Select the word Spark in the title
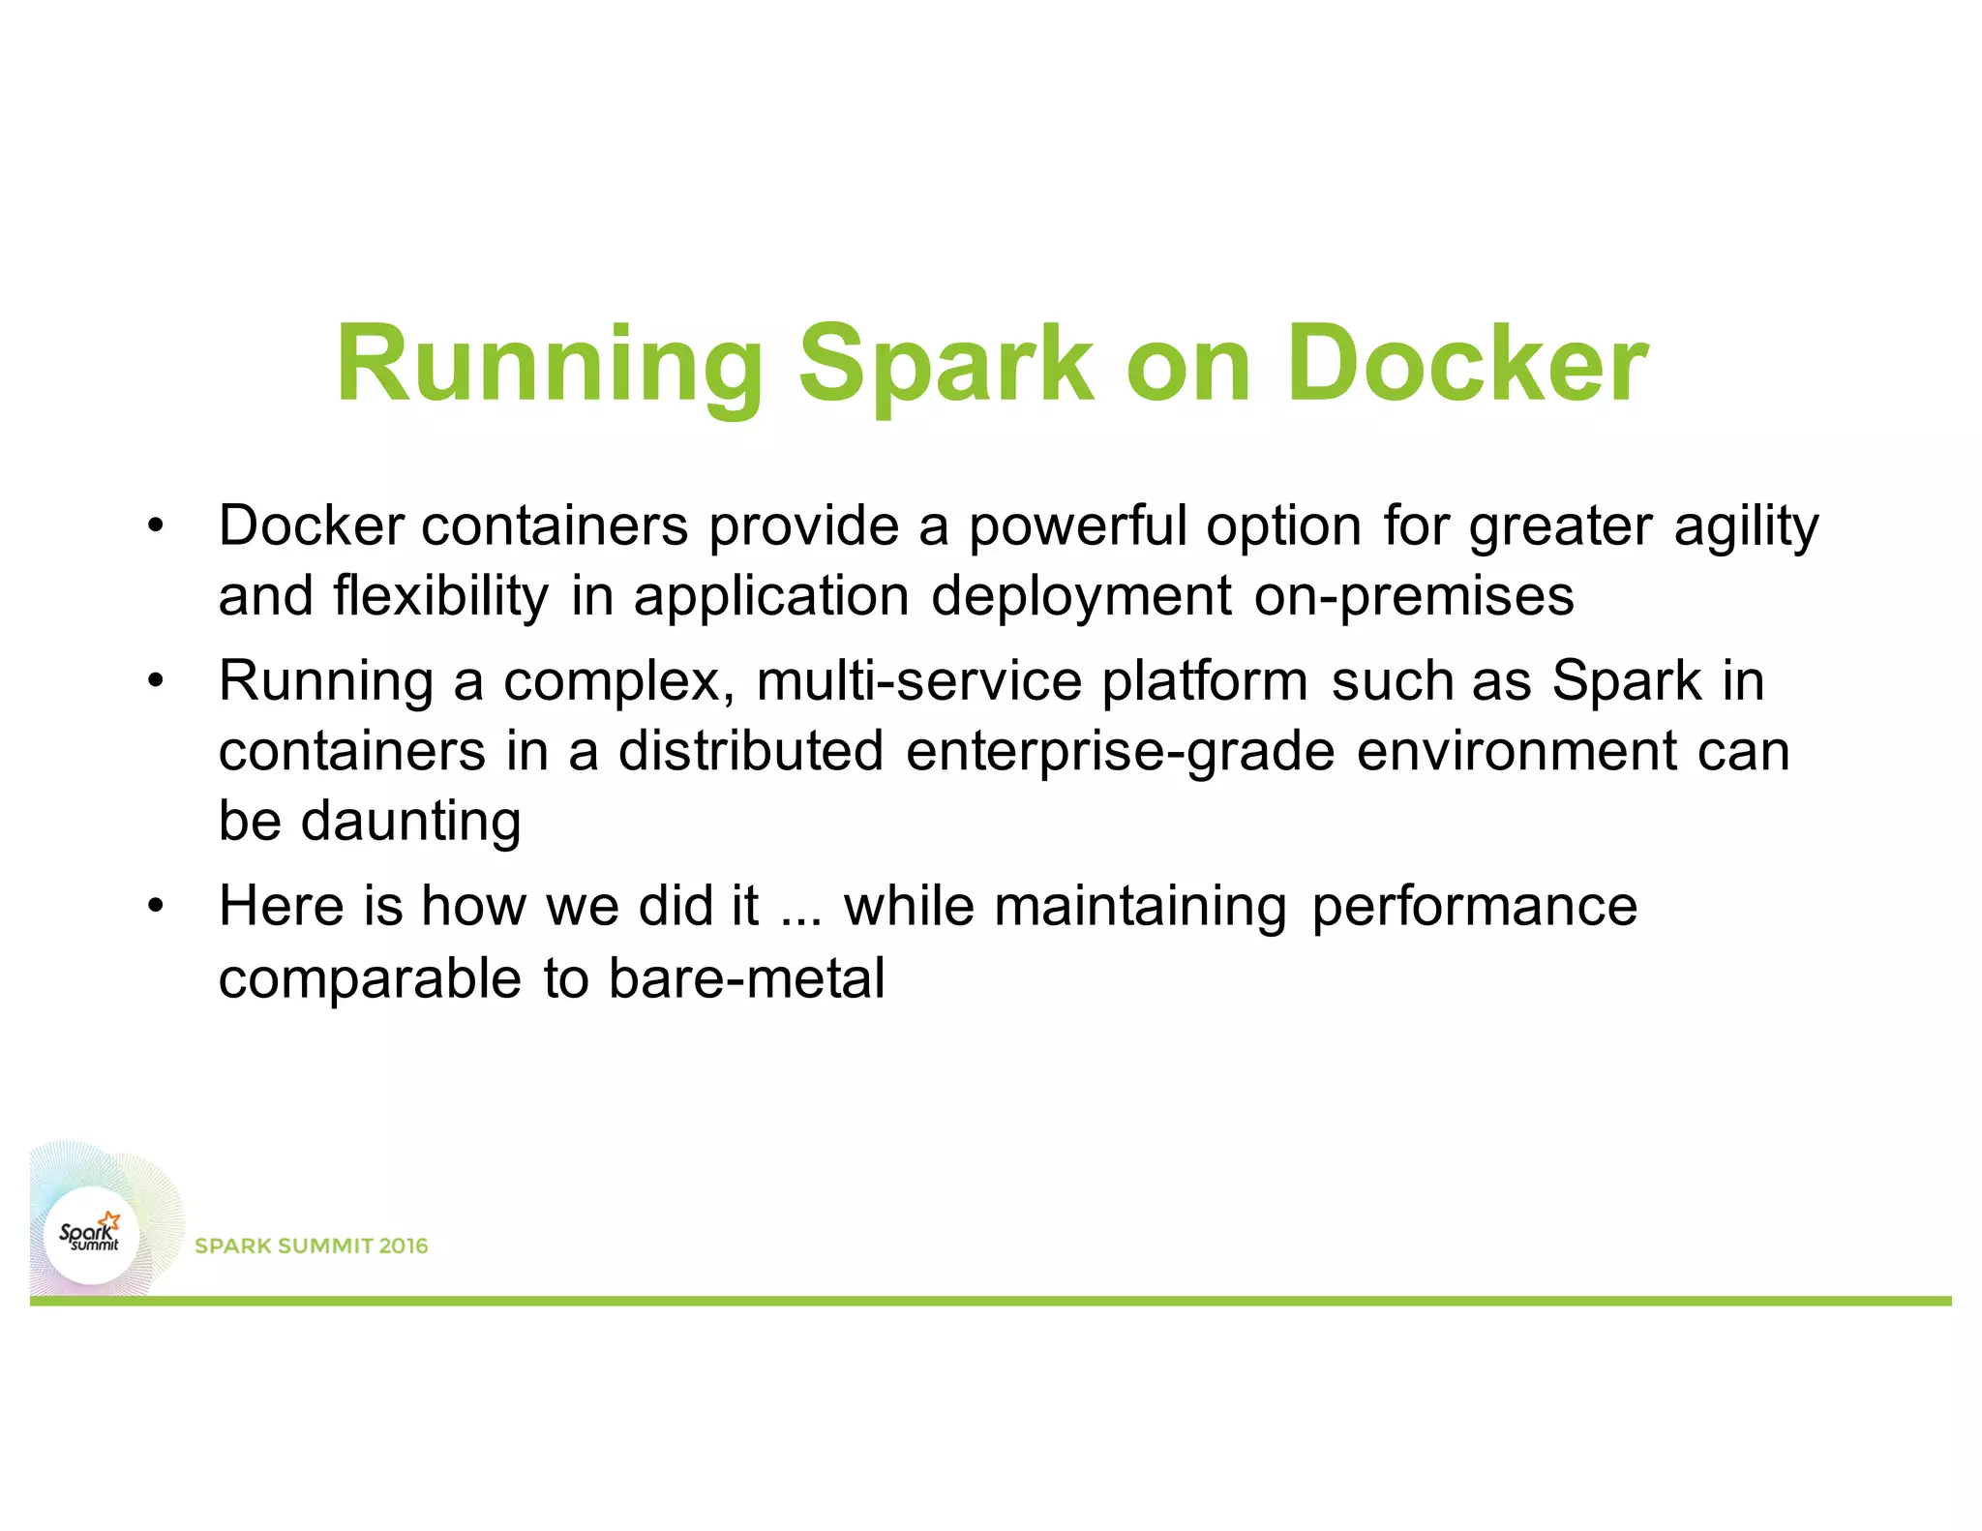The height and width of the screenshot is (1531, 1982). pyautogui.click(x=946, y=366)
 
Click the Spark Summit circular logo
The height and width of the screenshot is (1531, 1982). pyautogui.click(x=91, y=1236)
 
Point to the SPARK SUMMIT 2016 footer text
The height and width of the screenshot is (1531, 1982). pyautogui.click(x=311, y=1246)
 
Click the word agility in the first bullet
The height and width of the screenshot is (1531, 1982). pyautogui.click(x=1746, y=527)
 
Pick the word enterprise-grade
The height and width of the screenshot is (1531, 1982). pyautogui.click(x=1120, y=751)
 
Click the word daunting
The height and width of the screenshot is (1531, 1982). pyautogui.click(x=410, y=822)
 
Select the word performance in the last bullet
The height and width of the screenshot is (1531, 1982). pyautogui.click(x=1474, y=907)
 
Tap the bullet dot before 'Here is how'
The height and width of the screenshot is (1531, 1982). pyautogui.click(x=156, y=907)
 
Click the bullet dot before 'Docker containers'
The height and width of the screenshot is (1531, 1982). pyautogui.click(x=156, y=526)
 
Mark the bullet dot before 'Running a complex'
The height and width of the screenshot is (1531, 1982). pyautogui.click(x=156, y=681)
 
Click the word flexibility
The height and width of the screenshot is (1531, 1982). pyautogui.click(x=440, y=596)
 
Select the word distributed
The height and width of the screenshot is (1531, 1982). pyautogui.click(x=750, y=751)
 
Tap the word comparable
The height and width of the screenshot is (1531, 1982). pyautogui.click(x=370, y=978)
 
